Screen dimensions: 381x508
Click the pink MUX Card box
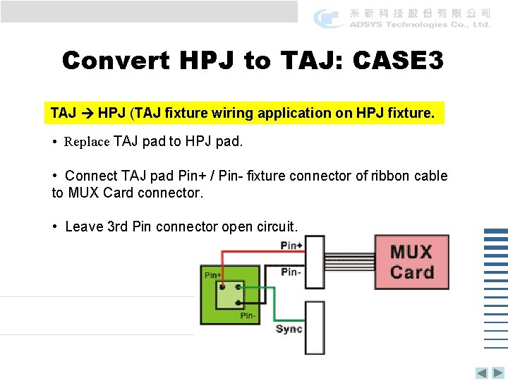411,262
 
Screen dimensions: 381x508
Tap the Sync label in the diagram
289,329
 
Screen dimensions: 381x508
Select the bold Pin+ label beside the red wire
291,246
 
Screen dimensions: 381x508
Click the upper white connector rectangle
315,260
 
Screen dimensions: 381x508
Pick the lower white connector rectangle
315,327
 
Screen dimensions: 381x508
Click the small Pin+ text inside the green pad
212,275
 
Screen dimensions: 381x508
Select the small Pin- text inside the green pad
248,315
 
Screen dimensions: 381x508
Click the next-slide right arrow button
498,373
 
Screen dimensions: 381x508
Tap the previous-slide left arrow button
481,373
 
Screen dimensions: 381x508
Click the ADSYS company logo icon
328,18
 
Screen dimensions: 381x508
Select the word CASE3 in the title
398,61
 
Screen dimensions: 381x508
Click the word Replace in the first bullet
87,141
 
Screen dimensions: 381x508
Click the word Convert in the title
115,61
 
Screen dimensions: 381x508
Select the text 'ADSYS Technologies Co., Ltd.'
420,25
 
